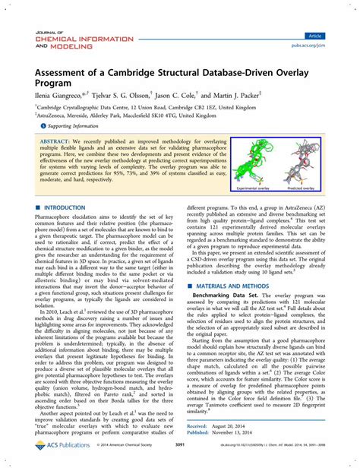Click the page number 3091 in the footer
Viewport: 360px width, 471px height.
(178, 457)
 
